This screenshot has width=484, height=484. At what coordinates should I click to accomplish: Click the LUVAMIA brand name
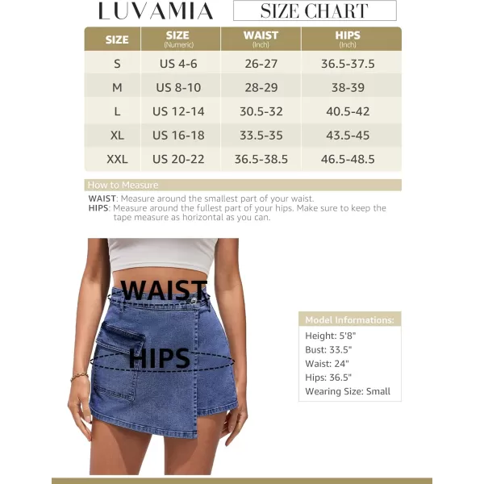click(x=155, y=11)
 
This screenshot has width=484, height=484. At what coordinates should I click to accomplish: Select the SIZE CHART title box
click(x=315, y=11)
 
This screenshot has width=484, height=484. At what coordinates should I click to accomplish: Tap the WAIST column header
click(x=261, y=39)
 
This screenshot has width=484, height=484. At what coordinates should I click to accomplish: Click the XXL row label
click(x=117, y=159)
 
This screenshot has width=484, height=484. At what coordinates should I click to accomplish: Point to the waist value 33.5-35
click(x=261, y=136)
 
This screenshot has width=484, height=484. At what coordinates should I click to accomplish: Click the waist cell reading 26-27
click(x=261, y=64)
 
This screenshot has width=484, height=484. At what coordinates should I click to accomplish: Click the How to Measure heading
click(x=123, y=185)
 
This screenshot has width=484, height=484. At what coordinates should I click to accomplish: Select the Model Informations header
click(x=349, y=320)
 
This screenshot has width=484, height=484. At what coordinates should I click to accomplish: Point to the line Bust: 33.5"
click(x=328, y=350)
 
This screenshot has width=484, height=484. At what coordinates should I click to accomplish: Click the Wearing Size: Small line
click(x=348, y=391)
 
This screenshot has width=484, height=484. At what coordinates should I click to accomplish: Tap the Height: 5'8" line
click(x=330, y=336)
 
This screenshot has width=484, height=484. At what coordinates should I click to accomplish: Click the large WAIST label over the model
click(x=163, y=290)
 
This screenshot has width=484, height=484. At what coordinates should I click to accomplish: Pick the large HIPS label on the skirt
click(x=159, y=357)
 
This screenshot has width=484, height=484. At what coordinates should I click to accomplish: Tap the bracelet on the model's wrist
click(x=79, y=376)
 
